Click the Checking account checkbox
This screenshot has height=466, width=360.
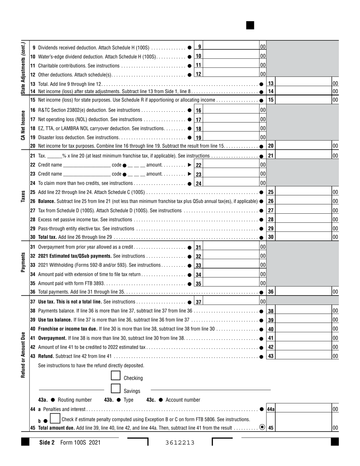pyautogui.click(x=116, y=376)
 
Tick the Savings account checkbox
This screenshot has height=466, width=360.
pyautogui.click(x=116, y=389)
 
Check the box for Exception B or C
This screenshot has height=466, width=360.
pyautogui.click(x=55, y=419)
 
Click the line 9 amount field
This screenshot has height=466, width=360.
pyautogui.click(x=231, y=47)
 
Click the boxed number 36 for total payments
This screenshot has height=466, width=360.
pyautogui.click(x=271, y=292)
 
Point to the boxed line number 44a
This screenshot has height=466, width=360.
pyautogui.click(x=271, y=409)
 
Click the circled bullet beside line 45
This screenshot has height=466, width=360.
pyautogui.click(x=262, y=427)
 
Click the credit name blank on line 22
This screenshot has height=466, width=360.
pyautogui.click(x=87, y=165)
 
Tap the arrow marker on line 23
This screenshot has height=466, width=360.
pyautogui.click(x=190, y=174)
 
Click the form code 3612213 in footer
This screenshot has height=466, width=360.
pyautogui.click(x=180, y=443)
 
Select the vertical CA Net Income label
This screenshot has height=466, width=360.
pyautogui.click(x=23, y=125)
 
